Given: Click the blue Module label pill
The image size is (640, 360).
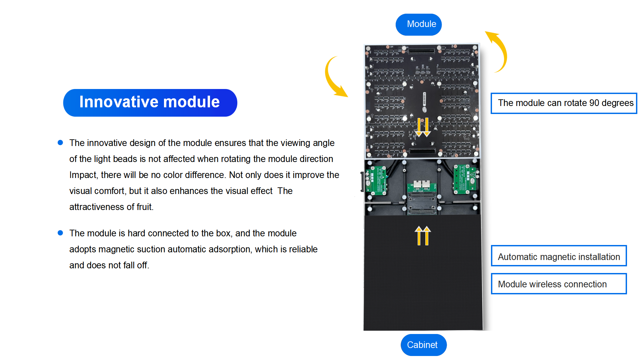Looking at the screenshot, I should click(x=419, y=24).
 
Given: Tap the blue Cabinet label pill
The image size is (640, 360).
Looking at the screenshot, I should click(x=423, y=345).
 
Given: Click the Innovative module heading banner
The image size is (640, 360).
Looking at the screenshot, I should click(x=150, y=102).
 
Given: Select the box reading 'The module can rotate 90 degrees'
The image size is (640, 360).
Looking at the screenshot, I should click(x=564, y=103).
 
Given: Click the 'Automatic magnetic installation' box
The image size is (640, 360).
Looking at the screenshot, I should click(x=559, y=256).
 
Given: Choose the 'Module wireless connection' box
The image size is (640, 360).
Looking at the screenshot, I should click(x=559, y=284).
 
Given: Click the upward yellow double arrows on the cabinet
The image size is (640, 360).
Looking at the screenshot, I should click(x=423, y=235).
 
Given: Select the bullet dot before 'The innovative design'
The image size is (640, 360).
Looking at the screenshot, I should click(x=60, y=143).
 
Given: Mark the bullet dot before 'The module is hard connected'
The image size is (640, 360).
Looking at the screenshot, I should click(x=60, y=233).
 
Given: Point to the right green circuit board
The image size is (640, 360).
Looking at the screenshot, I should click(x=466, y=179).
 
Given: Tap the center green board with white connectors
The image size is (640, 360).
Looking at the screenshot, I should click(x=422, y=187).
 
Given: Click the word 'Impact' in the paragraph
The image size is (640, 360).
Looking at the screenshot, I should click(x=83, y=175).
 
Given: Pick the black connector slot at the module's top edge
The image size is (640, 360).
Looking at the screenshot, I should click(x=422, y=51).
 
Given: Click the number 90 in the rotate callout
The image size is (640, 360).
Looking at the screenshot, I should click(x=594, y=103).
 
